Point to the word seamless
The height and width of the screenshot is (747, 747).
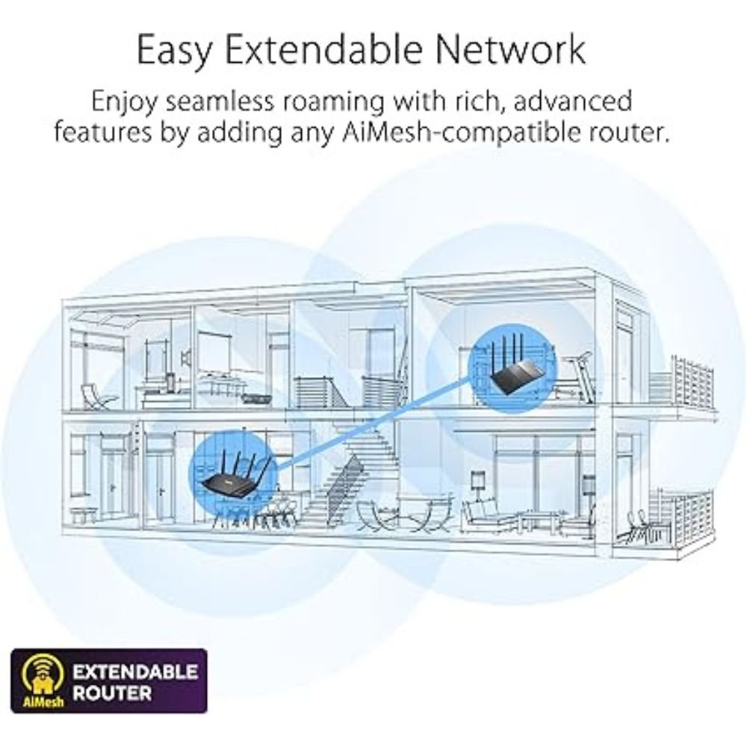pos(220,101)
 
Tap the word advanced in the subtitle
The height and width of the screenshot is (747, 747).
pos(573,101)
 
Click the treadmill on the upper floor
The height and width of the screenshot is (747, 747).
pos(577,376)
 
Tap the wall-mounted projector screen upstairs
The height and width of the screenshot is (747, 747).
pos(214,352)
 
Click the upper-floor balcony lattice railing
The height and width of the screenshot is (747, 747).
pos(692,381)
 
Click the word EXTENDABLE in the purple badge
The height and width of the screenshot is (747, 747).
pos(134,672)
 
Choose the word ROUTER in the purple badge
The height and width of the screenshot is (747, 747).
pos(113,692)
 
